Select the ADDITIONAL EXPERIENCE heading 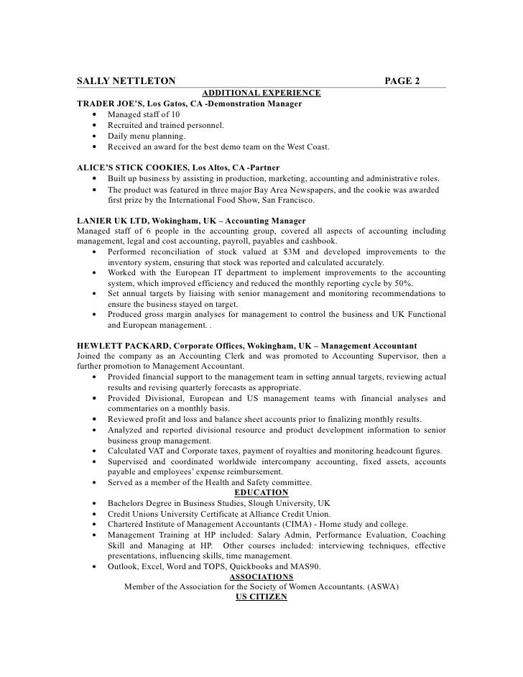click(x=261, y=93)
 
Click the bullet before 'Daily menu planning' click(x=96, y=136)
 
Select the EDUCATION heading click(x=261, y=493)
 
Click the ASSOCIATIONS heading click(x=261, y=576)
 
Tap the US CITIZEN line click(x=261, y=597)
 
